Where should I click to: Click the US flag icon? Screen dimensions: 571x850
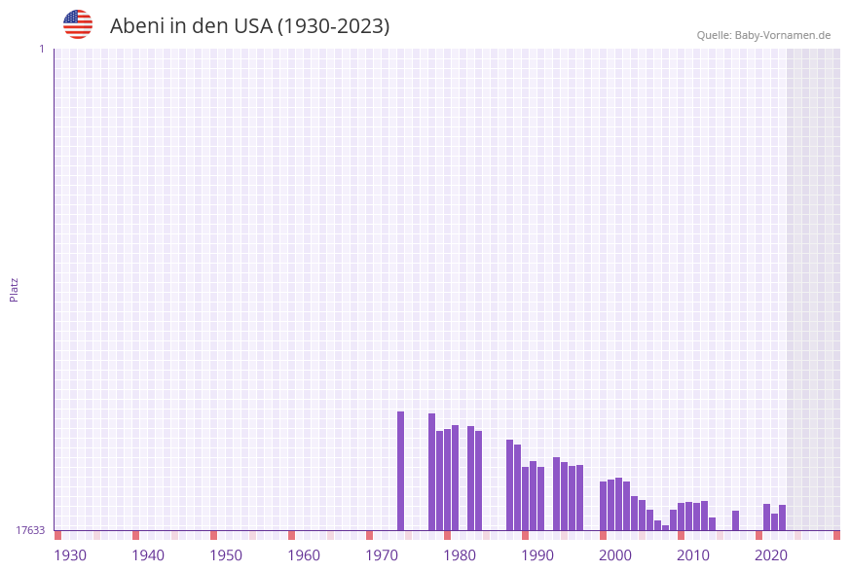coord(78,24)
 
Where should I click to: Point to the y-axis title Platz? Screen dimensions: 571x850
coord(15,289)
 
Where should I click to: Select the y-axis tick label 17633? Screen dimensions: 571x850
coord(29,530)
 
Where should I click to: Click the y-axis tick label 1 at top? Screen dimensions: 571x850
coord(41,49)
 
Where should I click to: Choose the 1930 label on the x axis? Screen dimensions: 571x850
coord(70,555)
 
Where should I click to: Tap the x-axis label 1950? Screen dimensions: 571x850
coord(226,555)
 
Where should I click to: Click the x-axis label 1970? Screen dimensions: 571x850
coord(382,555)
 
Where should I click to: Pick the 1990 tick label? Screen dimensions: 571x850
coord(537,555)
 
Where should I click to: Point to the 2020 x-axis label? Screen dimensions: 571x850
coord(771,555)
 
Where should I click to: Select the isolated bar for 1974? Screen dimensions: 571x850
coord(400,471)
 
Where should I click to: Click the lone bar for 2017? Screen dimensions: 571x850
coord(735,520)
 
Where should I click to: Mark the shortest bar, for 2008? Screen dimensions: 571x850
coord(665,527)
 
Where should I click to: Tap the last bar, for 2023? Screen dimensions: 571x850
coord(782,517)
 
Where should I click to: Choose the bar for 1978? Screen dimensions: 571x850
coord(431,472)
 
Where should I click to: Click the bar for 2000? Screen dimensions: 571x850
coord(603,506)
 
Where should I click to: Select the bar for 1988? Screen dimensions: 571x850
coord(509,484)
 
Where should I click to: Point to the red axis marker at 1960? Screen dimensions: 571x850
coord(291,535)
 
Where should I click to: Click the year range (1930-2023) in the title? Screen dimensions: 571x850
coord(334,26)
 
